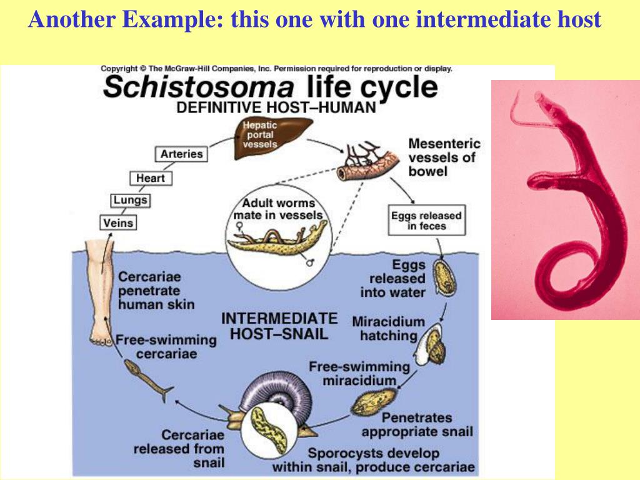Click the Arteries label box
pos(181,154)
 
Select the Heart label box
pos(150,178)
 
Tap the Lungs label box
pos(130,201)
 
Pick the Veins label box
pos(118,222)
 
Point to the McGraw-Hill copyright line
pos(276,69)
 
